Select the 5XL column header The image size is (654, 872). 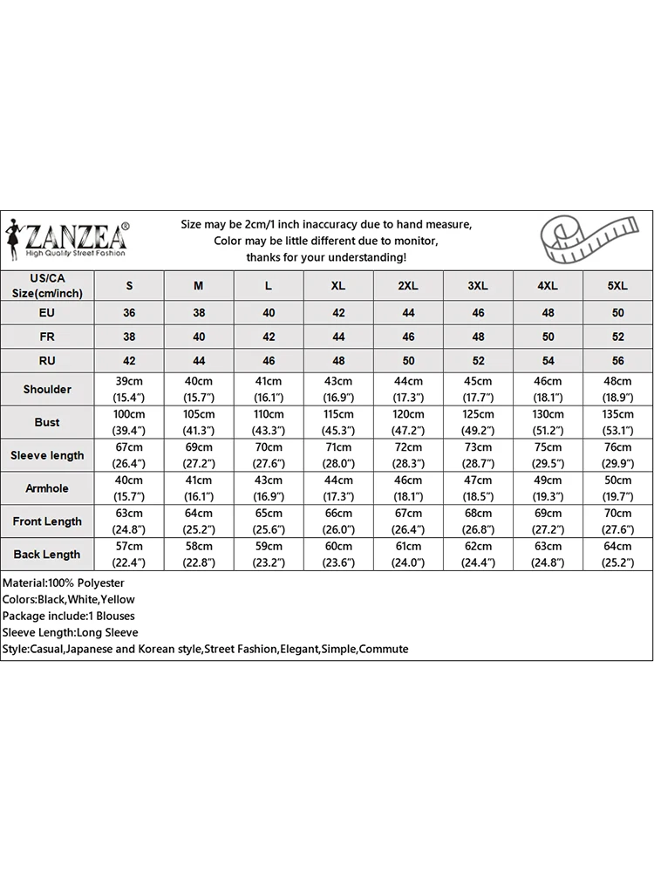tap(617, 285)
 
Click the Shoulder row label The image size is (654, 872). tap(47, 389)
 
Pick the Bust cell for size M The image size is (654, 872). tap(199, 422)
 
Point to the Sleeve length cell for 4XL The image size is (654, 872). tap(548, 455)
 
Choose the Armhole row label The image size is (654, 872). tap(47, 488)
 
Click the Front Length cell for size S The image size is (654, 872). tap(129, 521)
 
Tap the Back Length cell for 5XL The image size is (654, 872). tap(617, 555)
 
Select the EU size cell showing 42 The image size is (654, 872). tap(338, 312)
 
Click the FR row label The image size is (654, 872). tap(47, 336)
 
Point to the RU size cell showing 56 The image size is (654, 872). tap(617, 360)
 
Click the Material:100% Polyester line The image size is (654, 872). tap(64, 582)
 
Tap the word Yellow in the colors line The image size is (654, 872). tap(118, 599)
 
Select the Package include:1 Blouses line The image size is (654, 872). tap(69, 616)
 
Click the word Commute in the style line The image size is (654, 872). tap(384, 649)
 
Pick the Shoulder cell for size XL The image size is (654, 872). tap(338, 389)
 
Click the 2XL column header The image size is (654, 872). tap(408, 285)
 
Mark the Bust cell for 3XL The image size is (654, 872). tap(478, 422)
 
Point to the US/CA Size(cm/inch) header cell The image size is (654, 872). tap(47, 285)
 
